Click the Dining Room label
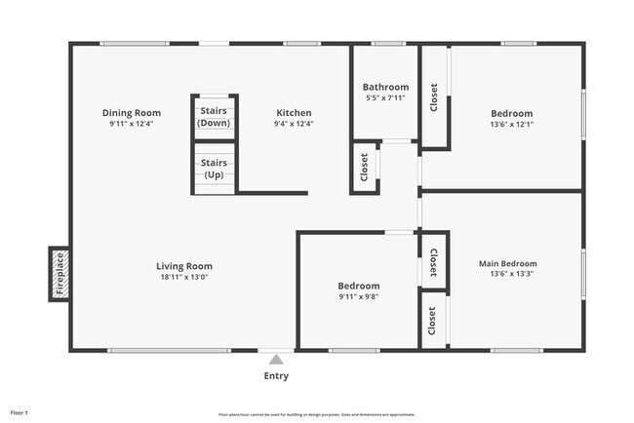(x=132, y=113)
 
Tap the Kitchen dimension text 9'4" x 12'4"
(x=293, y=125)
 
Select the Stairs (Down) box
(x=214, y=118)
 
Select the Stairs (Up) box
(x=214, y=168)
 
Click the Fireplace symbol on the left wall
(x=59, y=274)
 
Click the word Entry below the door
(x=276, y=376)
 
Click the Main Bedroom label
(x=507, y=263)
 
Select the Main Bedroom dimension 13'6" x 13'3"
(x=507, y=275)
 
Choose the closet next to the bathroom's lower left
(x=364, y=169)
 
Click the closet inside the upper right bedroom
(x=434, y=101)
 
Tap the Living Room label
(x=184, y=266)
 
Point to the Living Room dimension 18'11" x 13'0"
(x=184, y=278)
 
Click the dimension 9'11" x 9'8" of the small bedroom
(x=358, y=297)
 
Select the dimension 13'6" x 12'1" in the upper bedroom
(x=512, y=125)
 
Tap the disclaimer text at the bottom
(x=317, y=414)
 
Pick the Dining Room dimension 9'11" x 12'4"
(x=132, y=125)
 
